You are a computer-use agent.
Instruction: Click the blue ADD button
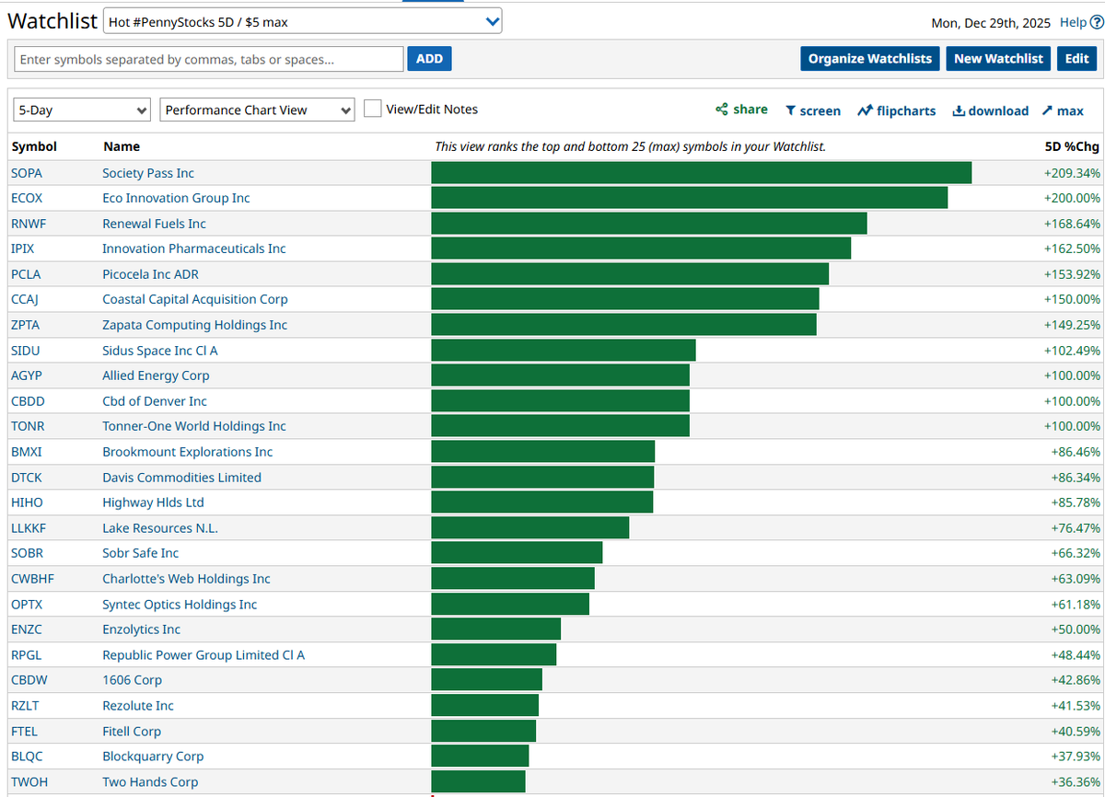[429, 59]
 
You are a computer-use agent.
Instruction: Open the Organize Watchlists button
[869, 59]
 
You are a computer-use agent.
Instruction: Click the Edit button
[1076, 59]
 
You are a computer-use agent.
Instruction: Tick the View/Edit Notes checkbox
[373, 109]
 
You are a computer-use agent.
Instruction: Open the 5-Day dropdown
[82, 110]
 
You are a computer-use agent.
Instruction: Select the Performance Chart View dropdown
[257, 110]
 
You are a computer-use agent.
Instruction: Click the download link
[990, 110]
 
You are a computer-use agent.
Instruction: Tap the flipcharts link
[896, 110]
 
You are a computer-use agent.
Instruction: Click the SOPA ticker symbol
[27, 173]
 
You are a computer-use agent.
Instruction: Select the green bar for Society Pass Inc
[701, 173]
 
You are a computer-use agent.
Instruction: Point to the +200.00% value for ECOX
[1072, 198]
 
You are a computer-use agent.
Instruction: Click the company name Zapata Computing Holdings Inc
[194, 325]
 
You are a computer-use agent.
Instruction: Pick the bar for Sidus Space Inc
[563, 351]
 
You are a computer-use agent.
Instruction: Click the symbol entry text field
[209, 59]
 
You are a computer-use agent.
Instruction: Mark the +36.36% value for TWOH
[1075, 781]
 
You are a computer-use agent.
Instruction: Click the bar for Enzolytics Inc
[495, 630]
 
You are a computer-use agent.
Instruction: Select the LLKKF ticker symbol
[30, 528]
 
